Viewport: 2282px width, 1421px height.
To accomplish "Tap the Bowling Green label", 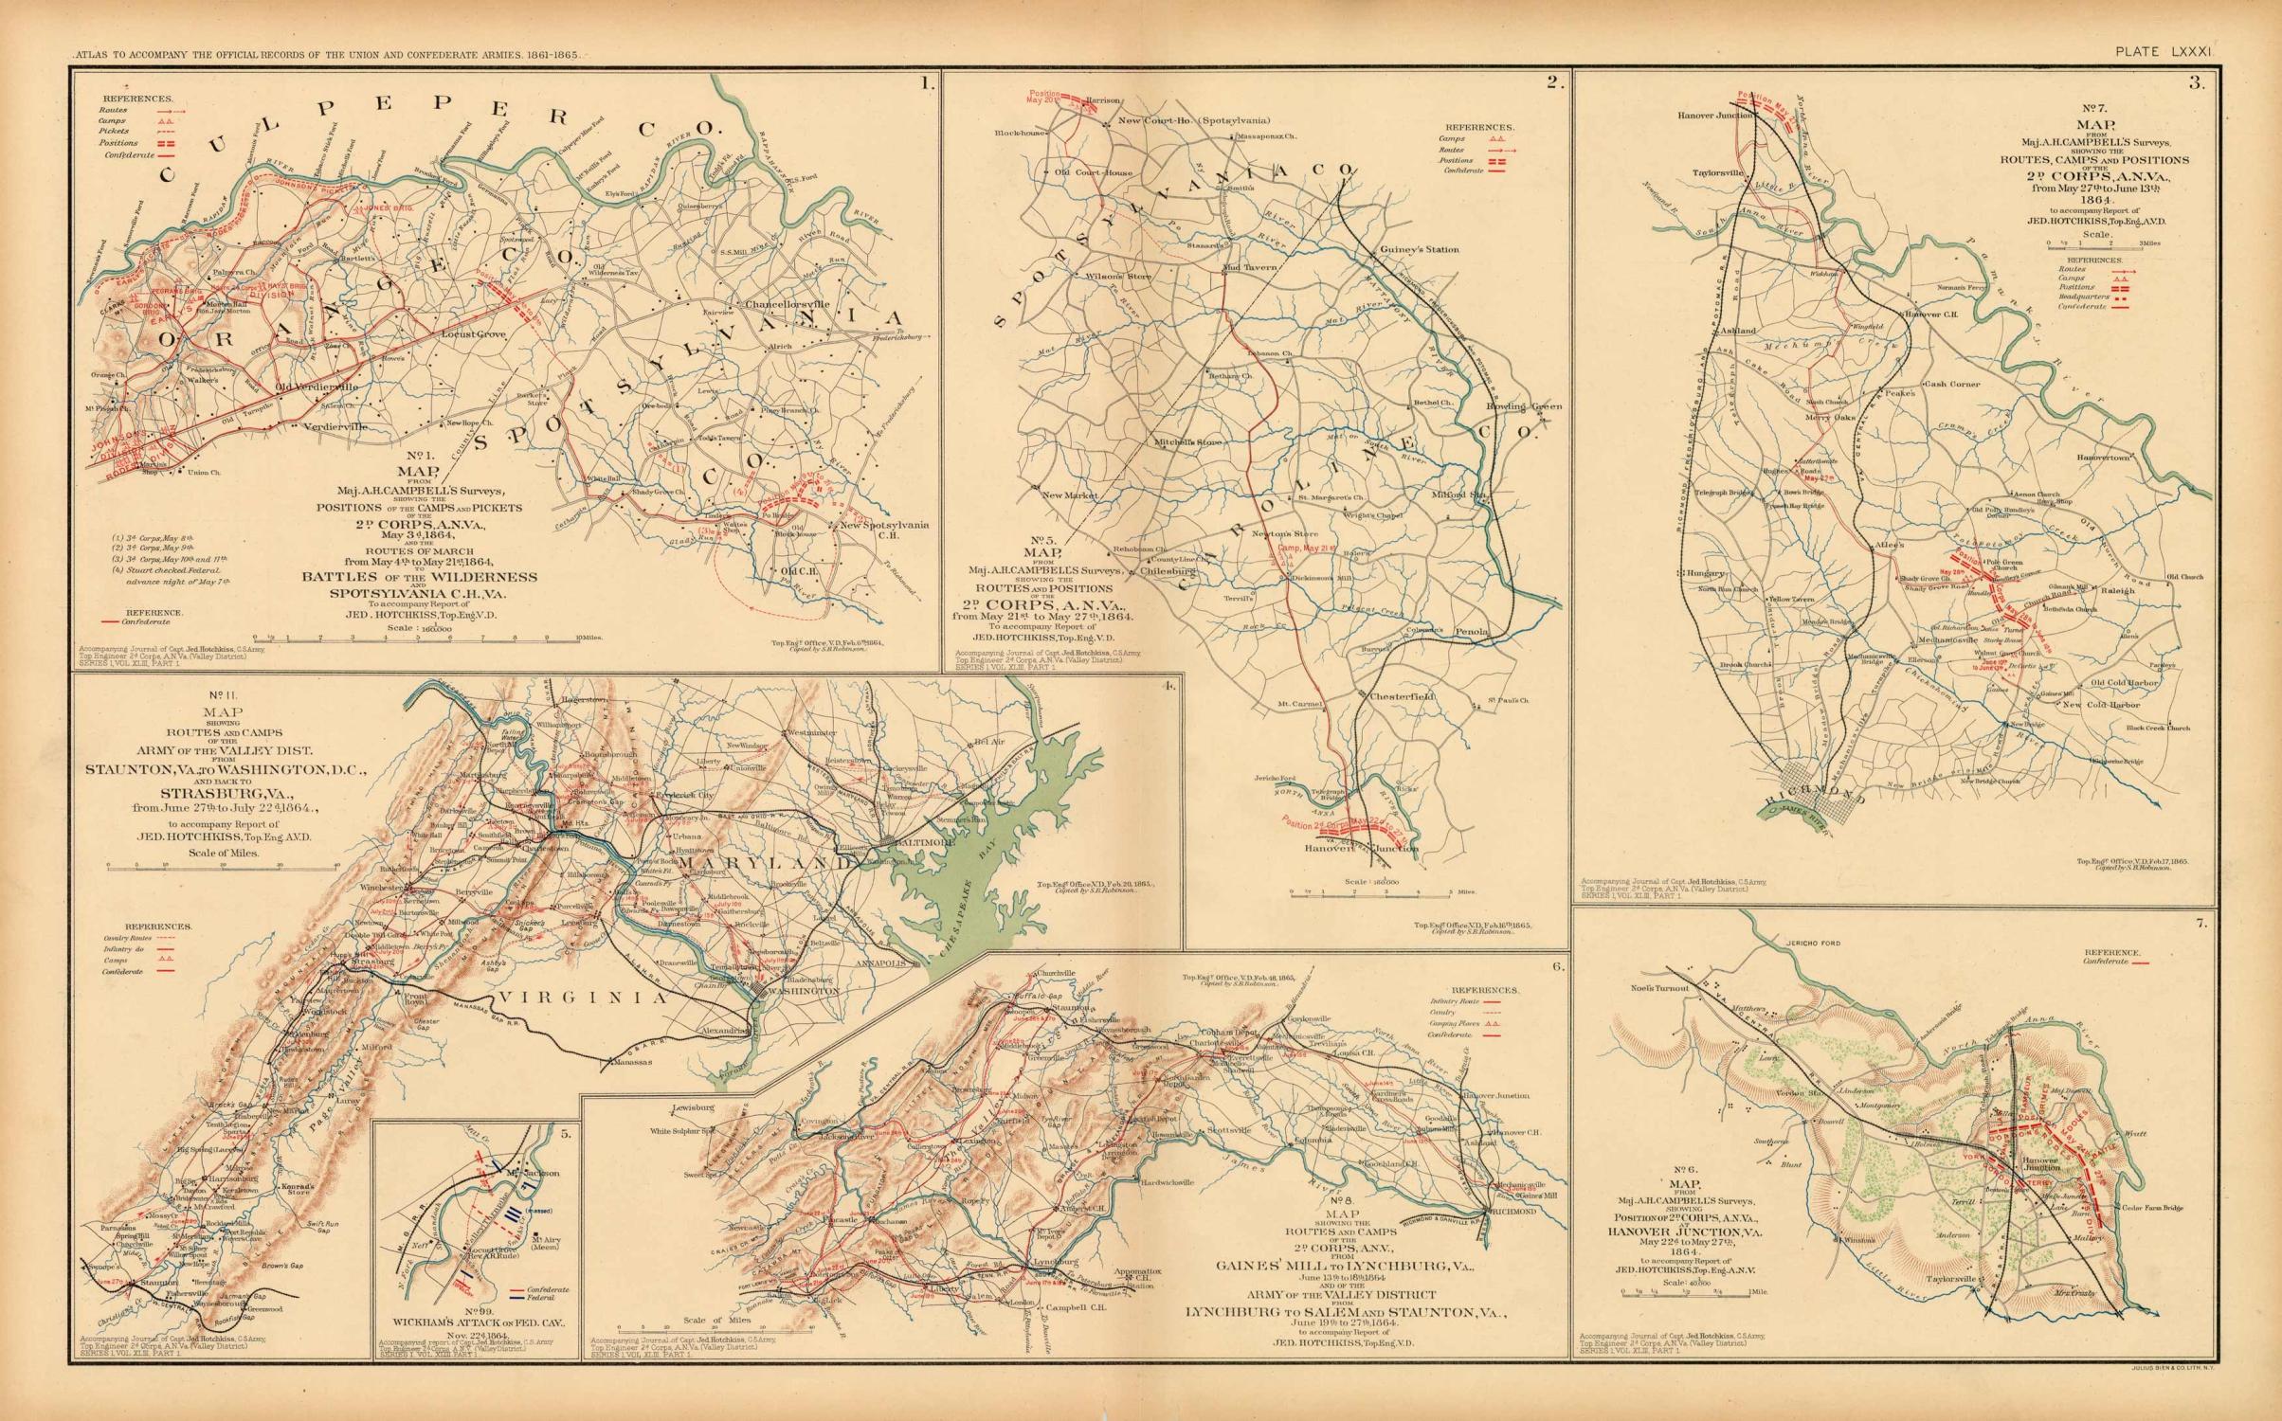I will point(1524,406).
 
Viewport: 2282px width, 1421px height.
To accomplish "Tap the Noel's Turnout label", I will point(1647,988).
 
